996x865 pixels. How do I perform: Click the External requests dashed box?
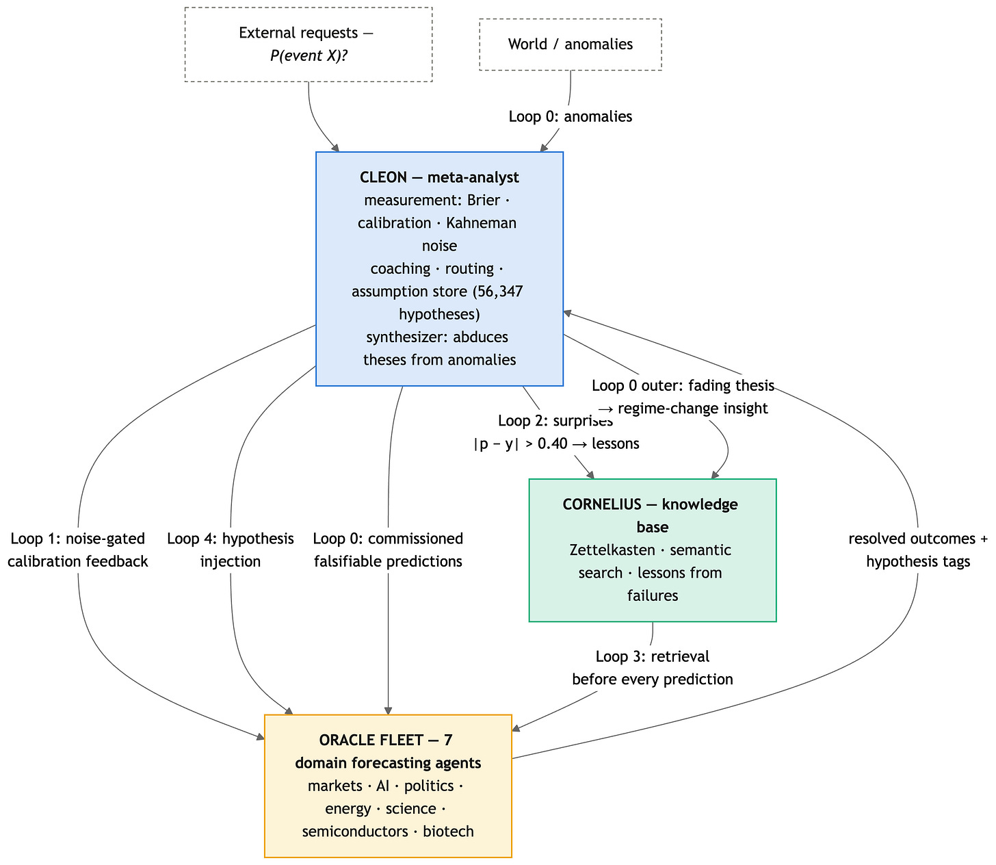308,44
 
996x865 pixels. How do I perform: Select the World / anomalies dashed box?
570,44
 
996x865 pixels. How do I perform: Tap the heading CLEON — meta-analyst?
439,177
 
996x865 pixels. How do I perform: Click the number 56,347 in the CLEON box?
498,292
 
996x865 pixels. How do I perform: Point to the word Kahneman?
481,223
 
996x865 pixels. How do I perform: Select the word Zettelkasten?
612,550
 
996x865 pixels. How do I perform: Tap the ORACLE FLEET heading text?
388,751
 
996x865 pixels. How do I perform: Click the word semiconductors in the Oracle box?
355,831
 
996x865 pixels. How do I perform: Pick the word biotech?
448,831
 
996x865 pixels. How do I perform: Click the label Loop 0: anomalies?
570,116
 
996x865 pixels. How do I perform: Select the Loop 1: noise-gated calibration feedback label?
78,550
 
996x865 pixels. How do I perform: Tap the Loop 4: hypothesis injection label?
231,550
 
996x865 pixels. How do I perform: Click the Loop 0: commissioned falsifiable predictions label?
388,550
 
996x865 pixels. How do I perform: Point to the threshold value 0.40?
552,443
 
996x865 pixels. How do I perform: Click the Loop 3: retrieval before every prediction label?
653,668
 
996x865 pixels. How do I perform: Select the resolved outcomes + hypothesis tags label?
918,550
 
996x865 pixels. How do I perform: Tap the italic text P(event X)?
309,55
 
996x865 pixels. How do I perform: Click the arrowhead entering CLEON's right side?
568,313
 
